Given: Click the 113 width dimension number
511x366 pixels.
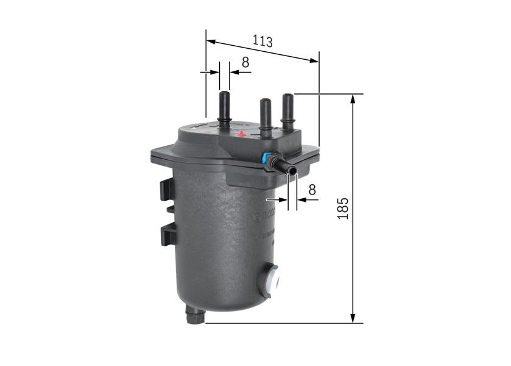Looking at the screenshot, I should coord(263,41).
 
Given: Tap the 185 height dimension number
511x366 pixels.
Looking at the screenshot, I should coord(342,208).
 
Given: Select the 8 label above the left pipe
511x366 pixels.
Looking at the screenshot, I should coord(245,62).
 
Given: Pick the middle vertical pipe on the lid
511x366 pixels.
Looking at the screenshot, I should coord(266,116).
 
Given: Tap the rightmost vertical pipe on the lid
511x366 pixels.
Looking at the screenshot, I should coord(287,110).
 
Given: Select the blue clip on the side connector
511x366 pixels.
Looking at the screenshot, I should coord(266,159).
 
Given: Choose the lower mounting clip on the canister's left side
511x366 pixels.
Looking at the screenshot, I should coord(168,234).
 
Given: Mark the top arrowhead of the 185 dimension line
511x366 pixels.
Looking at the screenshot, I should coord(353,98).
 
